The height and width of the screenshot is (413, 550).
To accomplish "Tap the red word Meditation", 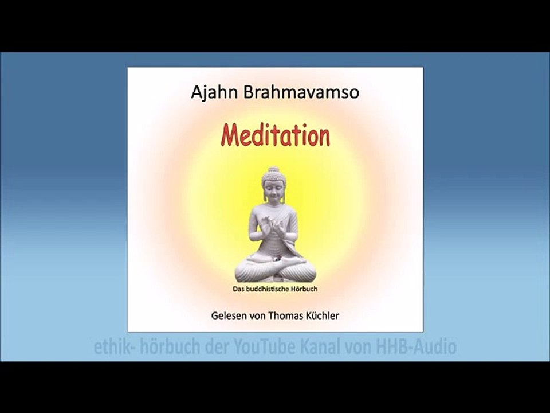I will click(276, 137).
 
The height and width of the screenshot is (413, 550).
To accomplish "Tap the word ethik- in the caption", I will click(112, 347).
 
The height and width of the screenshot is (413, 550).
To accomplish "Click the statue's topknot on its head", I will click(273, 169).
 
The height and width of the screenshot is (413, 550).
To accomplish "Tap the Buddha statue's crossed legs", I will click(275, 268).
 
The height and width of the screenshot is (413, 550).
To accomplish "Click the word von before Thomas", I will click(258, 316).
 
